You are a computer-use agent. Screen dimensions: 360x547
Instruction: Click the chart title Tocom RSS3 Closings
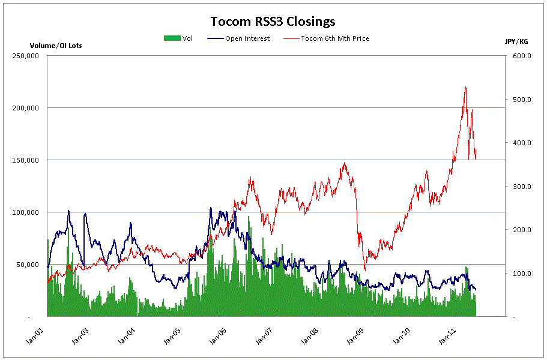273,22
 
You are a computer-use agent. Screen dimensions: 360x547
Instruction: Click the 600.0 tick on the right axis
520,56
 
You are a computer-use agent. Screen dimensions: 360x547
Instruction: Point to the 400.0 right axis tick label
520,143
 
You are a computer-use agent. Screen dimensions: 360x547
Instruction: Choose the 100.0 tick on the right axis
520,274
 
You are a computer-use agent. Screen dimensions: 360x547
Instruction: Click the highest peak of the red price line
465,88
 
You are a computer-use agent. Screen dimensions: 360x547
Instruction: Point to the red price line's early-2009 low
364,269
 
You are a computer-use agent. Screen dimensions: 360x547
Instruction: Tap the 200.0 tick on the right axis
520,230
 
